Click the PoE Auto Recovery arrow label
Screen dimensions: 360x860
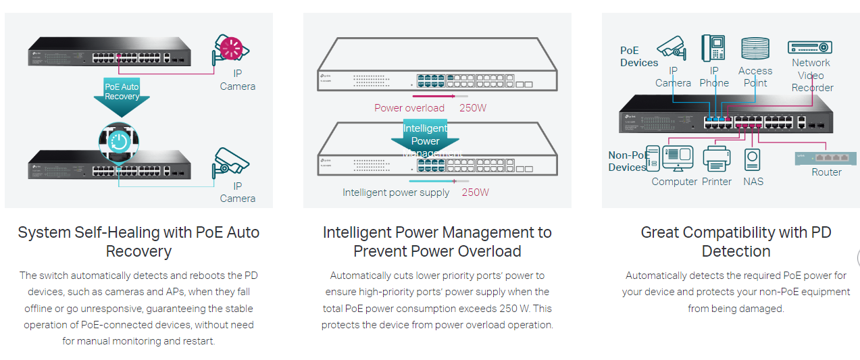[122, 92]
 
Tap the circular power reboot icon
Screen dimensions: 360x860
[120, 142]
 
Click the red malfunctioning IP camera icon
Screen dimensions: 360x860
[231, 49]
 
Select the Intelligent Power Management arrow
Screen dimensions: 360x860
[425, 138]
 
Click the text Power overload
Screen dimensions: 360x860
[409, 108]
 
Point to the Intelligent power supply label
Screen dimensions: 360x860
[396, 192]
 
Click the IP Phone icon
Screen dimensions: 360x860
[713, 49]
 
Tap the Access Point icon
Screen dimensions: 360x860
[755, 49]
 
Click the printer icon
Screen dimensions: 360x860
[715, 159]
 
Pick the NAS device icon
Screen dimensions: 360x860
[753, 159]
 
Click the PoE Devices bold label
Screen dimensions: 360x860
[638, 57]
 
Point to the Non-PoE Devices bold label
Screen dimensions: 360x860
[628, 161]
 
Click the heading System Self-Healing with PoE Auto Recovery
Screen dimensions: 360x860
[138, 242]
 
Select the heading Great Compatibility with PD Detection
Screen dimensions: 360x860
[736, 242]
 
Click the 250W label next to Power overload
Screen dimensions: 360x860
[473, 108]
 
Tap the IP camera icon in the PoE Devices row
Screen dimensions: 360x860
[671, 48]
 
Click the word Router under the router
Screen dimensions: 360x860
[826, 172]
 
